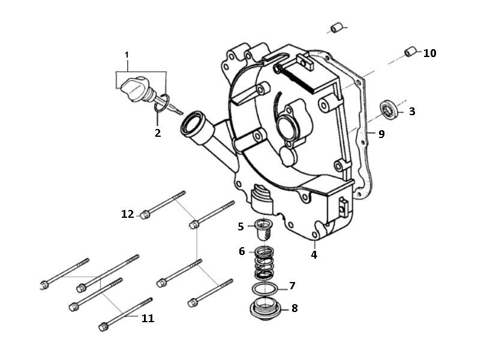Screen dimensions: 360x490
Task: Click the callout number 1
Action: pos(127,55)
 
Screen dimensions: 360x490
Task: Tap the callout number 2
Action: pos(158,133)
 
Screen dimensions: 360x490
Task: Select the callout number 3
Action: pos(429,112)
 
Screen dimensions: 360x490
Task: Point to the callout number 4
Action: pos(314,254)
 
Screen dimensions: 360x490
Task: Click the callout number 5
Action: pos(241,226)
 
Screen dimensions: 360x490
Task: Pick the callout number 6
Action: pos(242,251)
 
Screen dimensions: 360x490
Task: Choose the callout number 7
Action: pos(292,286)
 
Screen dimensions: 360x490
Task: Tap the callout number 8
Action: pos(294,308)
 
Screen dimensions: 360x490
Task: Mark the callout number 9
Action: pos(381,134)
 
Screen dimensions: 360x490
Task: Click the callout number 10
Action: pos(429,53)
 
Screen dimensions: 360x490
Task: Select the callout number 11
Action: pos(147,319)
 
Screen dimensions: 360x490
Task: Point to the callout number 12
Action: pos(127,214)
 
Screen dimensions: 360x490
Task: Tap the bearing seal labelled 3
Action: pos(390,111)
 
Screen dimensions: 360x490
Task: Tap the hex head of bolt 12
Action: pos(145,214)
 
